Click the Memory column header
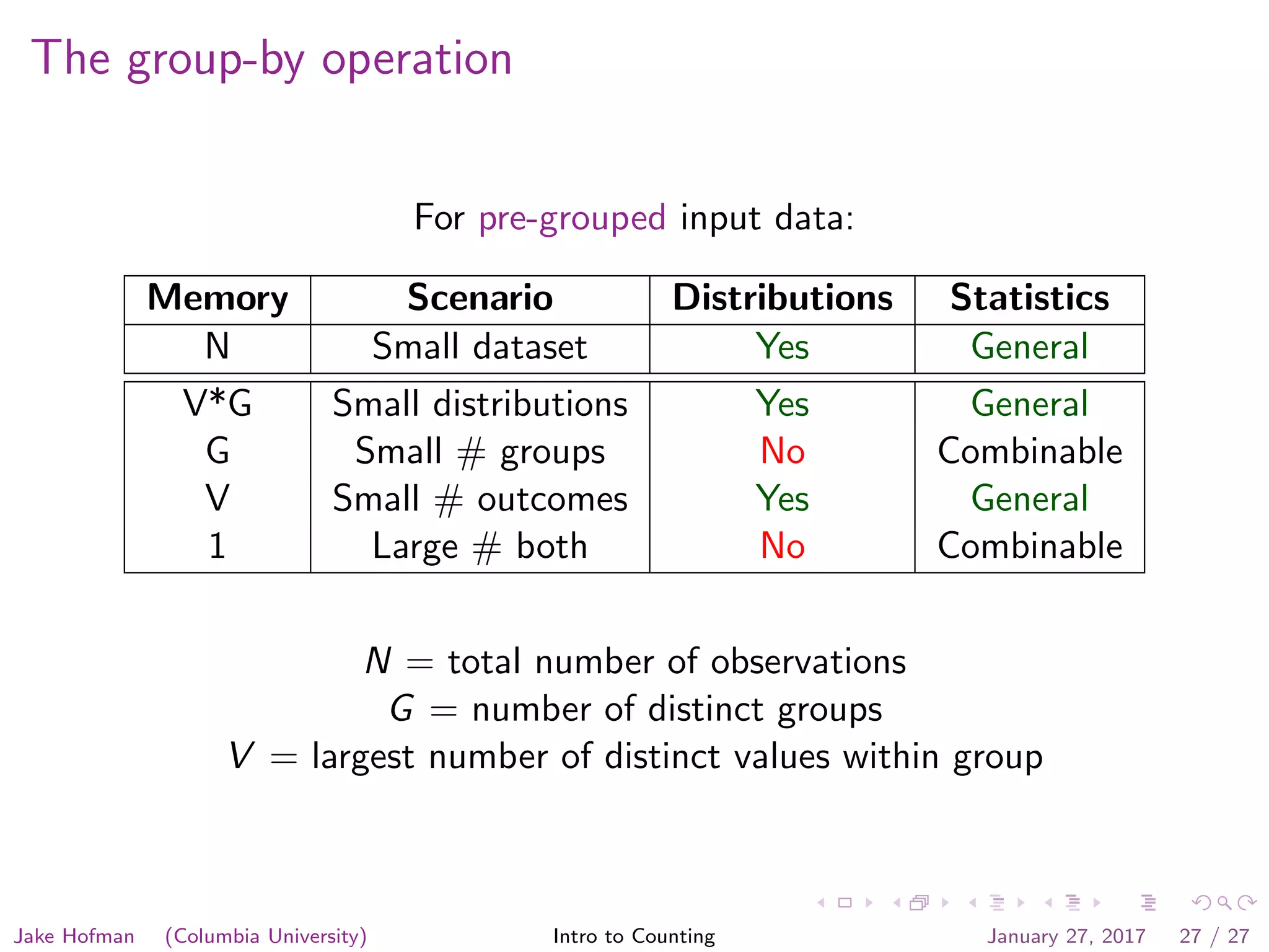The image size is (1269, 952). point(217,299)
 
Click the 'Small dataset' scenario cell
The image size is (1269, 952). point(480,346)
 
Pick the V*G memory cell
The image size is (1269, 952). point(217,403)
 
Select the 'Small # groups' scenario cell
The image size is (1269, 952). point(480,452)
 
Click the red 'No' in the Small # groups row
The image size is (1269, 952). point(782,451)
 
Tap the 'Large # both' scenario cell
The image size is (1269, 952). point(480,547)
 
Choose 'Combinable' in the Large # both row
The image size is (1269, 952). point(1029,546)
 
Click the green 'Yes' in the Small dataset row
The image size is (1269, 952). point(782,346)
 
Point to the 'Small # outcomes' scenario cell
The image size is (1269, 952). point(480,499)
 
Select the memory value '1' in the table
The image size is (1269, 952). point(217,546)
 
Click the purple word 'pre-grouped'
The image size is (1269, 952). point(572,218)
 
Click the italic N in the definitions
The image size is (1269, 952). point(378,661)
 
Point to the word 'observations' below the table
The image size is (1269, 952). point(808,662)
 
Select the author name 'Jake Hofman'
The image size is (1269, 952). point(74,936)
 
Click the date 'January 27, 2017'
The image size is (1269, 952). point(1066,936)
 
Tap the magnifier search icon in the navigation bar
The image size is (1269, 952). point(1224,902)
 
